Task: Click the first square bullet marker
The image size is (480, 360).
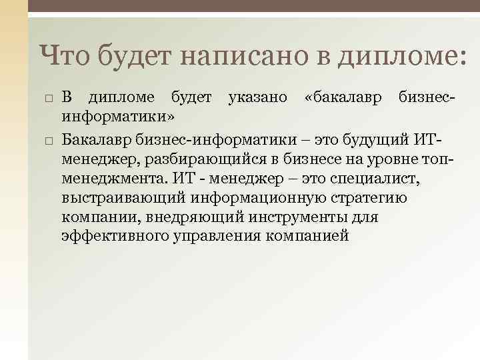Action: pyautogui.click(x=49, y=99)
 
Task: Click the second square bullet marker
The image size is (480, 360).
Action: pyautogui.click(x=49, y=140)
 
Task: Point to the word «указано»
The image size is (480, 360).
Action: pyautogui.click(x=258, y=97)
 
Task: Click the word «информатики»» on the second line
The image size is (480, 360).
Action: pyautogui.click(x=118, y=117)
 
